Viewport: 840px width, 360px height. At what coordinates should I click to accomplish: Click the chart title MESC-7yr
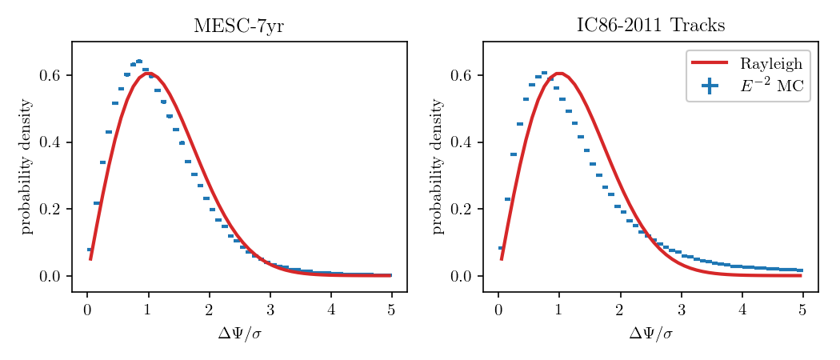pos(238,26)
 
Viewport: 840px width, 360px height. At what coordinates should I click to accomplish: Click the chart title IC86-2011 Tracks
pos(650,26)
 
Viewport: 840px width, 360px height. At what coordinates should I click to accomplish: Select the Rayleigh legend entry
pos(770,64)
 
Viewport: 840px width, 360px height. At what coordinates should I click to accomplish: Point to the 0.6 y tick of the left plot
pos(50,76)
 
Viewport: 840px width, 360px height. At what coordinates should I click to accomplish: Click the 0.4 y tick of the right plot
pos(461,142)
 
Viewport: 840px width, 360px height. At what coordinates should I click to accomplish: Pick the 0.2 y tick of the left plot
pos(50,210)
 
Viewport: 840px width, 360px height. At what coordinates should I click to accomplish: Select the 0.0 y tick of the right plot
pos(461,276)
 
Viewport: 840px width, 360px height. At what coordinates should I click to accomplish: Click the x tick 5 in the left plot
pos(392,310)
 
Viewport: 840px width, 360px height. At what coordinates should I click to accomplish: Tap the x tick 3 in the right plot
pos(681,310)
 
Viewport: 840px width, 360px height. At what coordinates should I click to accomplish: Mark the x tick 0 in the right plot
pos(498,310)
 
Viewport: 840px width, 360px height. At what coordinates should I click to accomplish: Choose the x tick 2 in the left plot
pos(209,310)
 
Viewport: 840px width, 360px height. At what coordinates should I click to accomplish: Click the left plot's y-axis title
pos(26,166)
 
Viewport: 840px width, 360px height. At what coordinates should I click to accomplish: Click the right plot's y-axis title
pos(438,166)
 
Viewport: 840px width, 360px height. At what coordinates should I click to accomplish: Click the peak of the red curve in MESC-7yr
pos(148,73)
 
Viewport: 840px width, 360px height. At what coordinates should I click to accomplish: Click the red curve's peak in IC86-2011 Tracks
pos(559,73)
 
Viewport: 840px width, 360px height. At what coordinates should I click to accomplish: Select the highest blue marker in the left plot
pos(139,61)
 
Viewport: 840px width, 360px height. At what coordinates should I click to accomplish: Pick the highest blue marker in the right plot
pos(544,73)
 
